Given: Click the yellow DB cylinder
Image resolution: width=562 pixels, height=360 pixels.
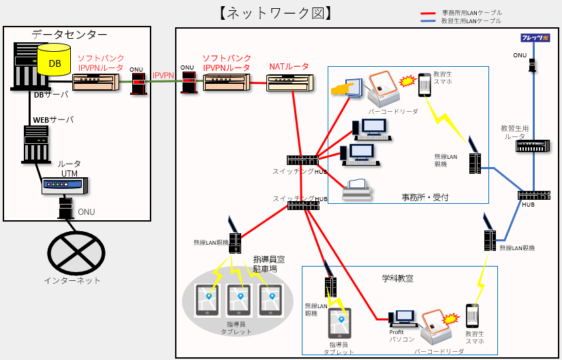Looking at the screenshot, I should tap(54, 61).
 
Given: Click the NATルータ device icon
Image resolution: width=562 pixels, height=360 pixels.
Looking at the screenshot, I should tap(290, 83).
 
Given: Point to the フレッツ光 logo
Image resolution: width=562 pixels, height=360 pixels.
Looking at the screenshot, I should tap(535, 38).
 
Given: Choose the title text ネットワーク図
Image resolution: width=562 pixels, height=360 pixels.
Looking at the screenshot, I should tap(276, 13).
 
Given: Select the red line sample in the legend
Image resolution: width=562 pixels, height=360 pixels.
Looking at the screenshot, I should tap(428, 12).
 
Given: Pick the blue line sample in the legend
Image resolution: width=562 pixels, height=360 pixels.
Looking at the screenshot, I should tap(428, 21).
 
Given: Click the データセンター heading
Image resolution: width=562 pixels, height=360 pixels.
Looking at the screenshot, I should tap(69, 35).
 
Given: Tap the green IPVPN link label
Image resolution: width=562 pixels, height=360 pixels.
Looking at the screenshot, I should tap(163, 75).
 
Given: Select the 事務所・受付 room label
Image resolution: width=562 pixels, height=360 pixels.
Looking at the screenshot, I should tap(425, 197).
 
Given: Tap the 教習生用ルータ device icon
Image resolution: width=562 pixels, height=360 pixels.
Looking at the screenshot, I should tap(532, 145).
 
